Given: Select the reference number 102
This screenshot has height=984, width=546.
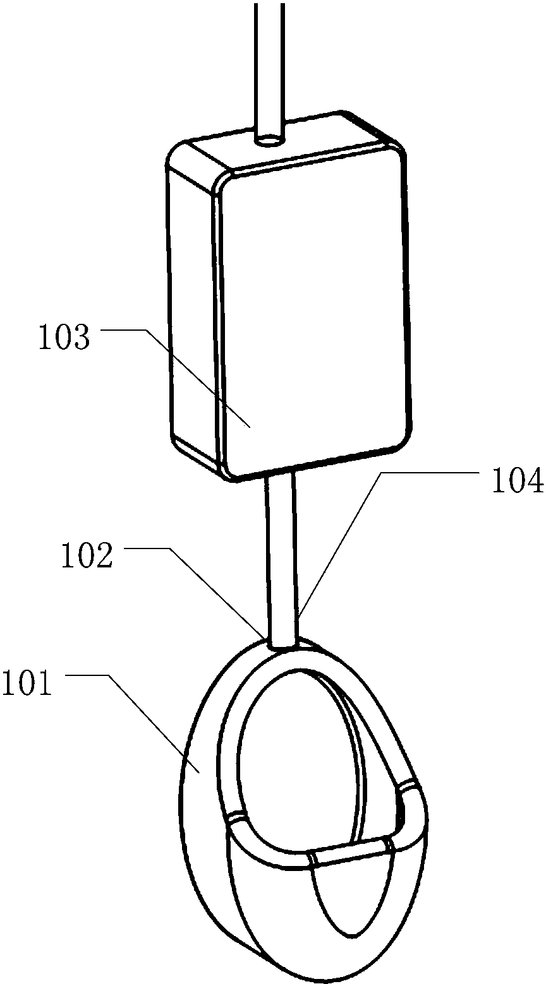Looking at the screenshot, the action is point(87,556).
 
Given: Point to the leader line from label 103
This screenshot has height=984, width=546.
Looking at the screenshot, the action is point(176,378).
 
